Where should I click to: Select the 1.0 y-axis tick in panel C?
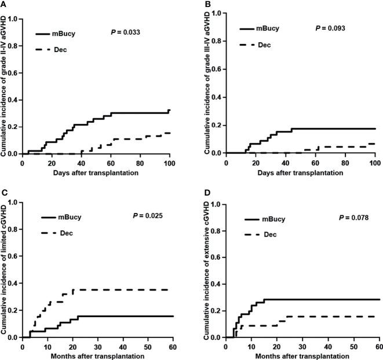(13, 203)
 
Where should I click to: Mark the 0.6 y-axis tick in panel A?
(13, 71)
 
